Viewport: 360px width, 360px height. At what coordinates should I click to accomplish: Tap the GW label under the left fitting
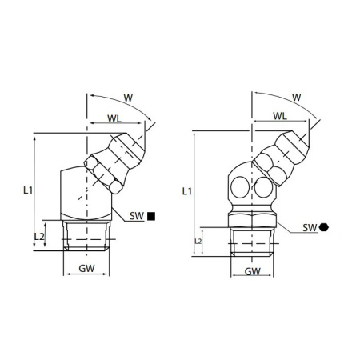point(88,270)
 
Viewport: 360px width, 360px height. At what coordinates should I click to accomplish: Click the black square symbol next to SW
point(152,216)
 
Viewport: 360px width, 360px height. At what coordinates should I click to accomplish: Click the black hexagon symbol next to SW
point(323,228)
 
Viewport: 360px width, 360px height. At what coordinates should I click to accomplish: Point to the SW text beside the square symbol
point(137,216)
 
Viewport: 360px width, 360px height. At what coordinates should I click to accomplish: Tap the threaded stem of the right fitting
point(252,239)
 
